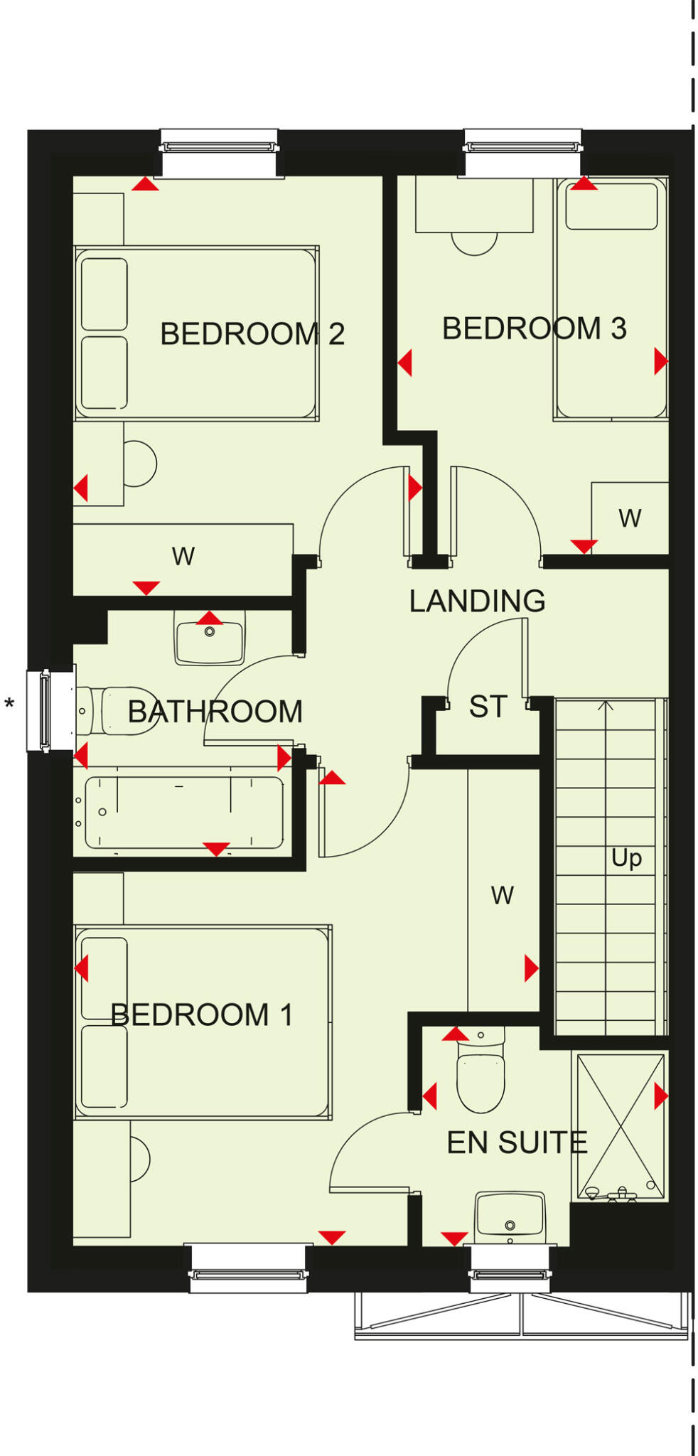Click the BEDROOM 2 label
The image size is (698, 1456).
[x=252, y=333]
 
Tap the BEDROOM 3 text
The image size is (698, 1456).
[x=534, y=328]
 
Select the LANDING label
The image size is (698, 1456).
[x=477, y=601]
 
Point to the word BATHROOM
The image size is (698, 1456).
[x=215, y=712]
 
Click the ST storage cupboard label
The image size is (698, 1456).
[x=488, y=707]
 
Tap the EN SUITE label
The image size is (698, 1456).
[x=517, y=1142]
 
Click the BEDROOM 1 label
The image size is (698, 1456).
[x=202, y=1015]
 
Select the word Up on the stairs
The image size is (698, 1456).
[x=626, y=858]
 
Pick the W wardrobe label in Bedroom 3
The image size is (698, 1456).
[x=630, y=518]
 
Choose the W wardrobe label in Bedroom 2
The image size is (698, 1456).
[x=183, y=556]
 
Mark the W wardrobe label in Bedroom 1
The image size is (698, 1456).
[x=502, y=895]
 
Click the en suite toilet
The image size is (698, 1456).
[x=480, y=1071]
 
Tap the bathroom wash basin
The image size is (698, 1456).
[x=209, y=638]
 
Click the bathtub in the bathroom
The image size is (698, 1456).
[x=183, y=813]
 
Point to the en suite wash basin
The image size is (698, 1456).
[x=510, y=1214]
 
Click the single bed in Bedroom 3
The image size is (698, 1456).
[x=611, y=299]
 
